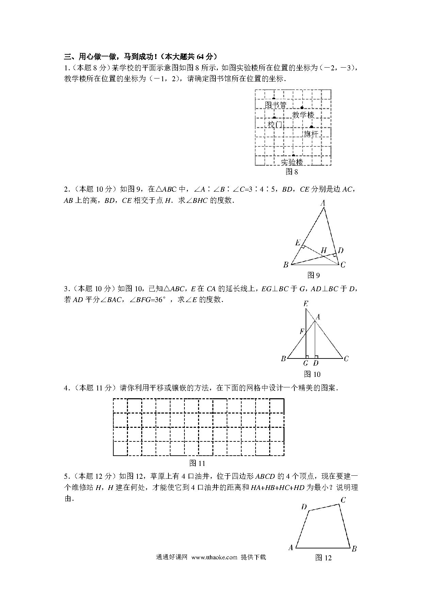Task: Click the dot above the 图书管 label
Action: (274, 99)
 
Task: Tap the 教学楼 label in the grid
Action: (303, 115)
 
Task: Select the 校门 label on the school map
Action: (275, 125)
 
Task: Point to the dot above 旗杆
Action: (311, 127)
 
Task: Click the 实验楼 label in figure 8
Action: (292, 162)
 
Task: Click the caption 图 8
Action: (292, 172)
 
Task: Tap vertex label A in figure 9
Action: (323, 203)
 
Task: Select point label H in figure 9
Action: (324, 250)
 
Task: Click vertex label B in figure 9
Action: (286, 265)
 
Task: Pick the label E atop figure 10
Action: (306, 303)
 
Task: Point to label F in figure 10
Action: (302, 331)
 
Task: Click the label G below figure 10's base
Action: (306, 363)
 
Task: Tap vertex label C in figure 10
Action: (346, 358)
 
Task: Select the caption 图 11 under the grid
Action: (197, 463)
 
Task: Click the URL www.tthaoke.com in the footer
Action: (214, 557)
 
